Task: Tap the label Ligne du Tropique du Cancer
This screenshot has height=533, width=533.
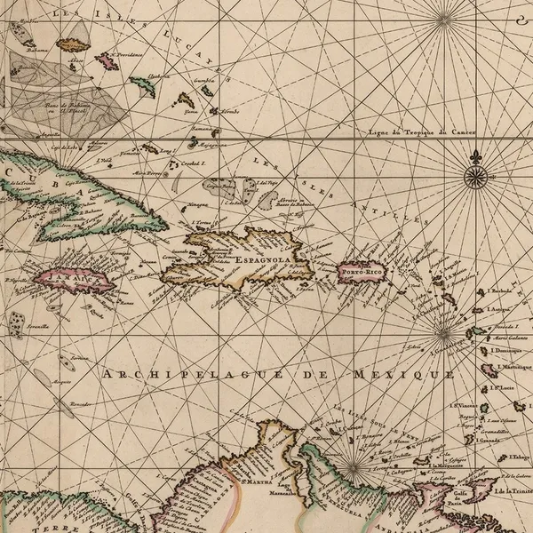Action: (x=422, y=132)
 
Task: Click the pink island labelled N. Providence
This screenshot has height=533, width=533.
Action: (x=107, y=61)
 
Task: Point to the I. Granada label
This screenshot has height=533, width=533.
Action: (x=491, y=441)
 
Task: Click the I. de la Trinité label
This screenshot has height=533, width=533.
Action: (x=510, y=490)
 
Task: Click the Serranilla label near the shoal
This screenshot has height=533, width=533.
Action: (x=36, y=326)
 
